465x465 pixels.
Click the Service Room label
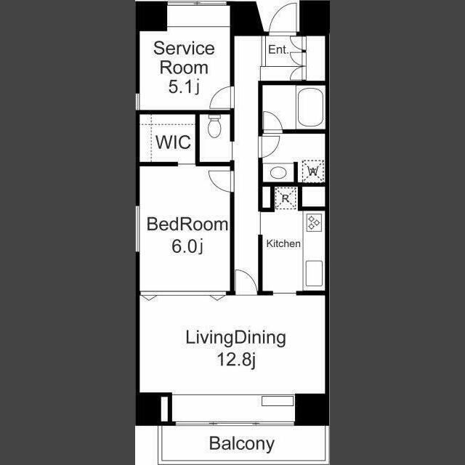[184, 58]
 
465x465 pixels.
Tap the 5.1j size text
[184, 87]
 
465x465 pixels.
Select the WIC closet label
[173, 142]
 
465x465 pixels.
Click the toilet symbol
[214, 126]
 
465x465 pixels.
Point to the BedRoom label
[187, 225]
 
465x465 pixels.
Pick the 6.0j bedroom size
[187, 246]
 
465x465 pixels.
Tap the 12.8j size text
[236, 360]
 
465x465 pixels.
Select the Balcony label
[242, 444]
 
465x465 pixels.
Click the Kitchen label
[283, 243]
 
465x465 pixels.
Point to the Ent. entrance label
[278, 49]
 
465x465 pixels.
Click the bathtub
[310, 108]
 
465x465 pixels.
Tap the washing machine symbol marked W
[313, 171]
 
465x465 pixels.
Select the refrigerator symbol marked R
[286, 198]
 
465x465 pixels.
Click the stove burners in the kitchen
[314, 222]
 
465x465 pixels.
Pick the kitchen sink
[314, 273]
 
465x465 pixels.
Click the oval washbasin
[278, 173]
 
